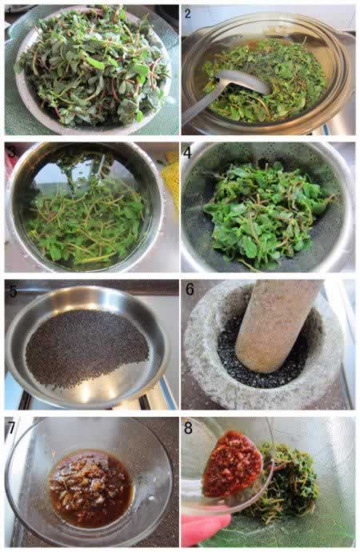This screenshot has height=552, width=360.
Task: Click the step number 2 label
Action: point(187,14)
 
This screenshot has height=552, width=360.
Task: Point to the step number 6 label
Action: point(190,290)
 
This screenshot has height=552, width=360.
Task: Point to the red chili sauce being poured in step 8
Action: point(229,464)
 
